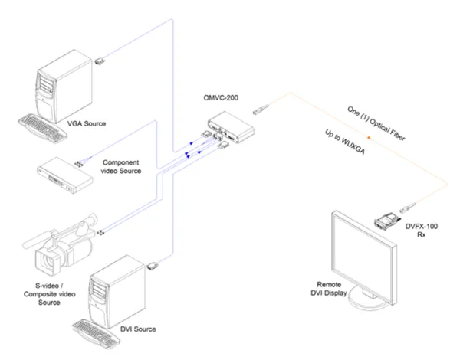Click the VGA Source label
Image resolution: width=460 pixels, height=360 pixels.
(x=84, y=123)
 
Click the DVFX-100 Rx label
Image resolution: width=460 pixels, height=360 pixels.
(x=418, y=229)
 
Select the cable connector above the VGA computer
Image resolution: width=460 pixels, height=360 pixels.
(x=100, y=58)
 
